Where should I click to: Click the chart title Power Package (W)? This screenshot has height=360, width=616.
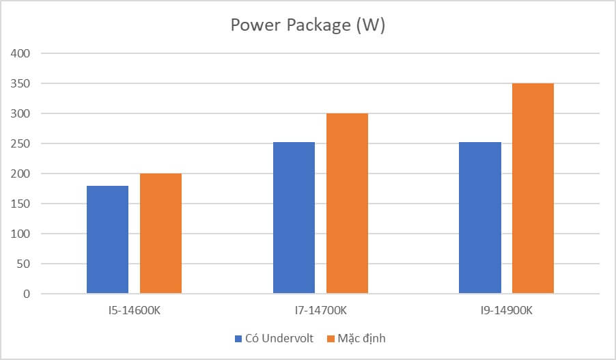coord(307,25)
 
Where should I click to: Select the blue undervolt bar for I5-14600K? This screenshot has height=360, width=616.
coord(107,239)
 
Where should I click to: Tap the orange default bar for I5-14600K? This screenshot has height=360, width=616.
coord(160,233)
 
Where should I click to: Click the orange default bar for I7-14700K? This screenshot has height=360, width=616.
coord(347,203)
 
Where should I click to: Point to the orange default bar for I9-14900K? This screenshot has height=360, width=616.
coord(533,188)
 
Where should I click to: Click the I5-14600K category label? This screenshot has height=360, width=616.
coord(134,311)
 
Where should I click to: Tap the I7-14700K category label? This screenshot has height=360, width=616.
coord(320,311)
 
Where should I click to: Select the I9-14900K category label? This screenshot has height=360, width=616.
coord(506,311)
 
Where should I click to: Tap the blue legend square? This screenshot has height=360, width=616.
coord(238,338)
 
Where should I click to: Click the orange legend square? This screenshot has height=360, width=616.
coord(332,338)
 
